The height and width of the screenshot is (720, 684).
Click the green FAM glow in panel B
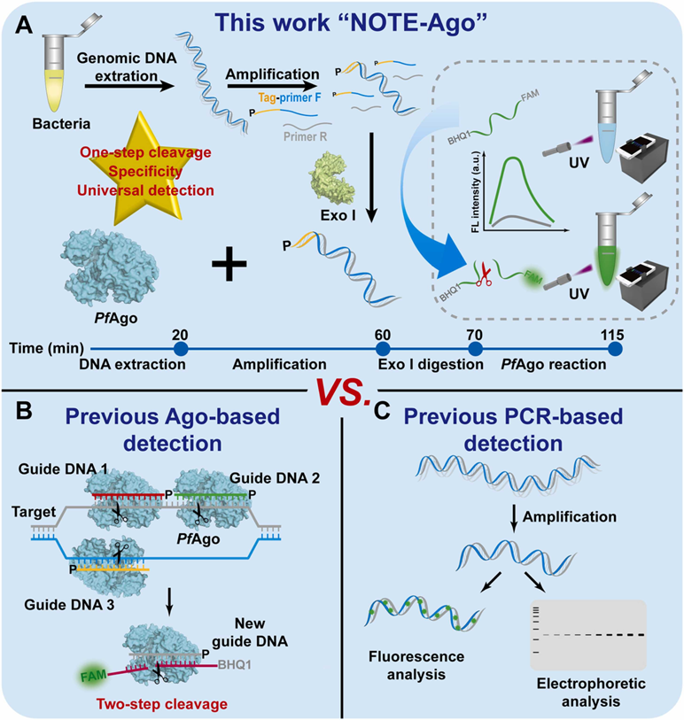(89, 676)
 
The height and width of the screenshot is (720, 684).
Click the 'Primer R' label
(306, 136)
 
